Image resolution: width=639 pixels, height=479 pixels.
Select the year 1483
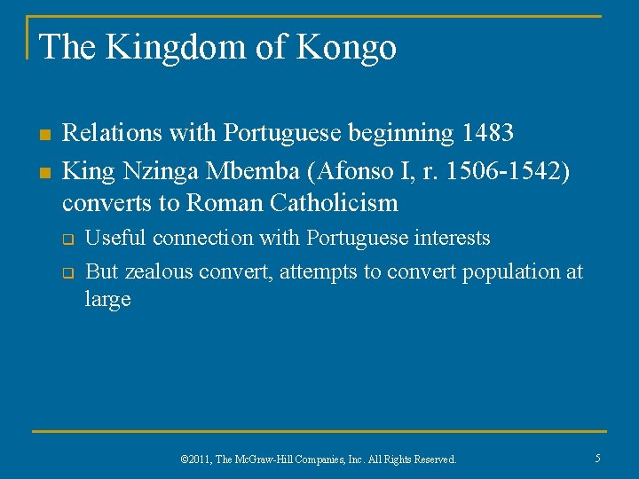point(487,133)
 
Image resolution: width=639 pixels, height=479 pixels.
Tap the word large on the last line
point(107,299)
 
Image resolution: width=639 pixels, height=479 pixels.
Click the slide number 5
point(597,458)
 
